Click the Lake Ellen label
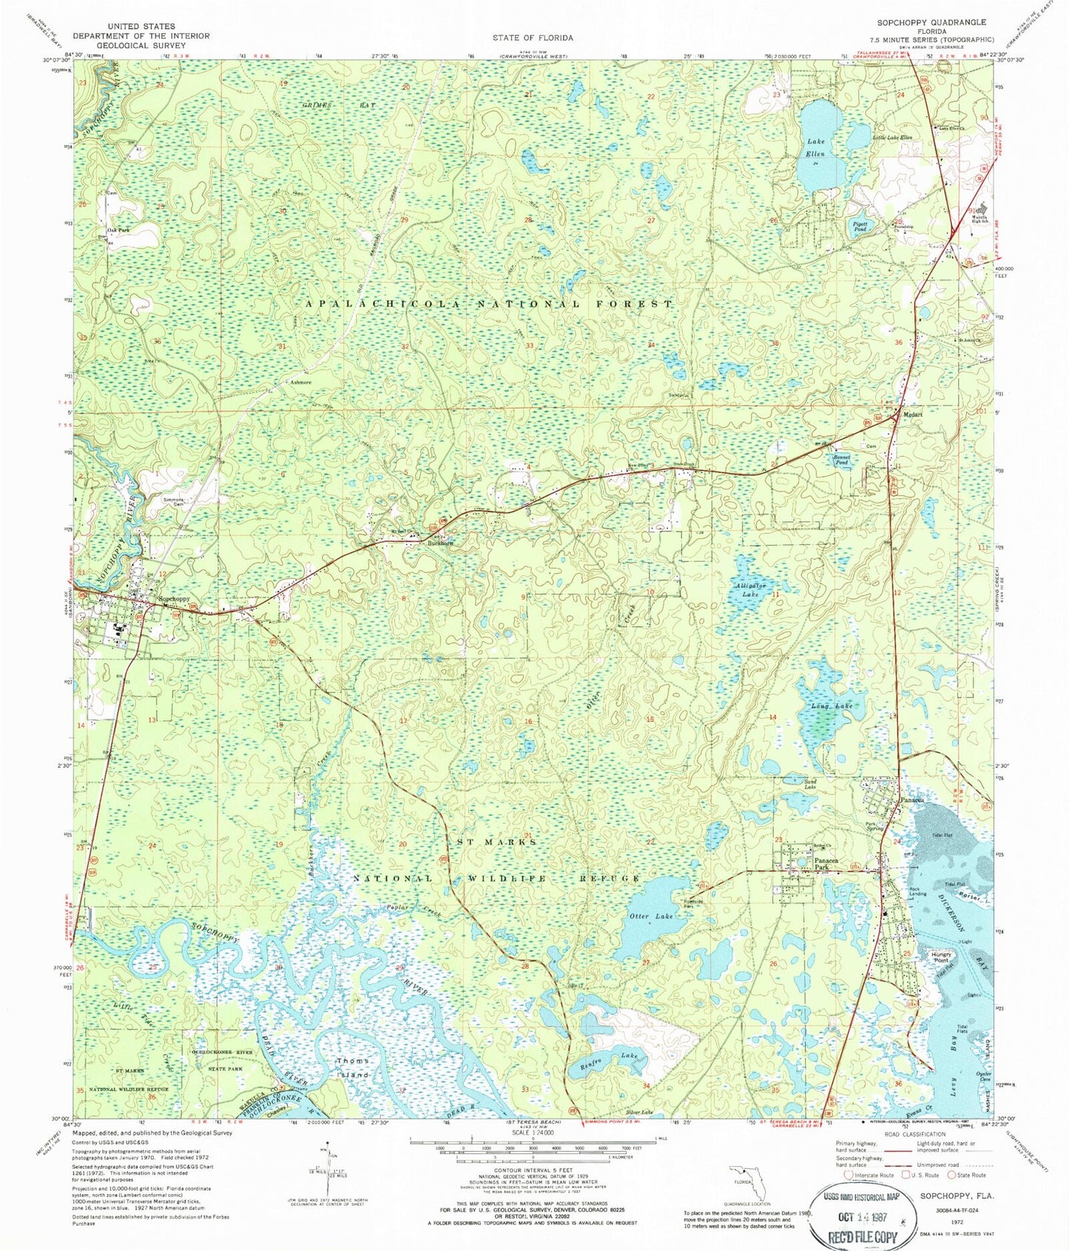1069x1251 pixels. point(816,147)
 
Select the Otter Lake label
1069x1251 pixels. point(651,916)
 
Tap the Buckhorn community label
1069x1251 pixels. point(440,543)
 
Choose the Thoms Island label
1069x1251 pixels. point(352,1067)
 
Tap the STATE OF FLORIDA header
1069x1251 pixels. point(533,37)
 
